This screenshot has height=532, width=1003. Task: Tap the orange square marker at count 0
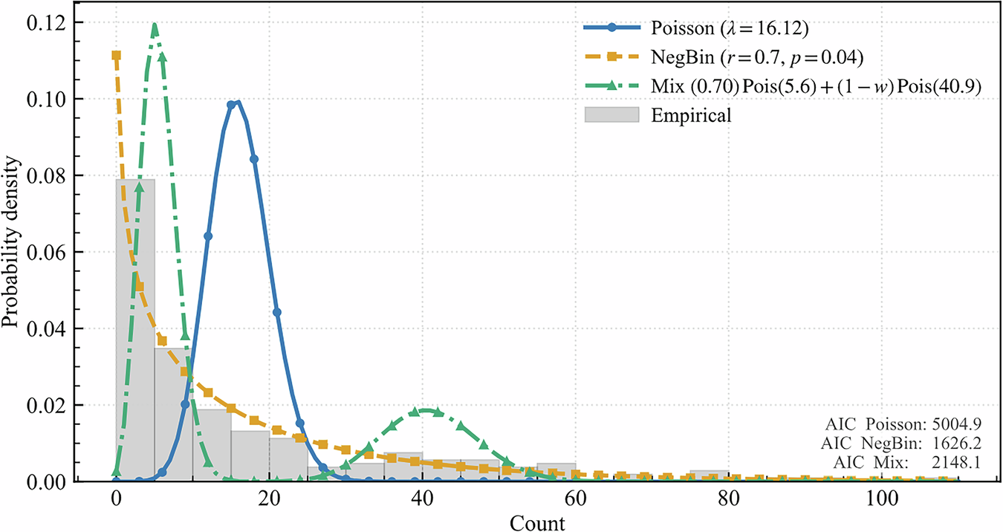pyautogui.click(x=116, y=55)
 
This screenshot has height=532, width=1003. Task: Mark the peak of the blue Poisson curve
pyautogui.click(x=236, y=103)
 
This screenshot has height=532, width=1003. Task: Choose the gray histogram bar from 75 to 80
pyautogui.click(x=709, y=476)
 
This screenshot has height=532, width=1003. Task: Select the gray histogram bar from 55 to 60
pyautogui.click(x=556, y=472)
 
